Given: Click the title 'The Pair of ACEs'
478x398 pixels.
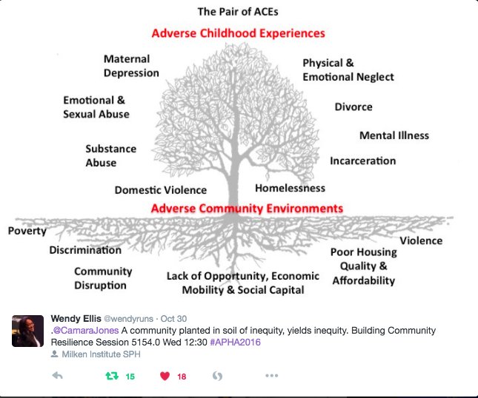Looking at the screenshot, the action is [238, 12].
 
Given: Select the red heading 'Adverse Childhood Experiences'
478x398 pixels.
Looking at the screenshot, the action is [238, 33].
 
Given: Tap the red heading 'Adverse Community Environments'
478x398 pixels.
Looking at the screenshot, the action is [247, 209].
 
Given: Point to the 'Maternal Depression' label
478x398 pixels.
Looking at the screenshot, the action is [131, 66].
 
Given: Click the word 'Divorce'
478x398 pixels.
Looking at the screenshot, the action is [353, 107].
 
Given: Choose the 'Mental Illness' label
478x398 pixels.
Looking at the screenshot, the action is [394, 135].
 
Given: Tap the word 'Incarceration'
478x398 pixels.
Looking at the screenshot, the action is [363, 161].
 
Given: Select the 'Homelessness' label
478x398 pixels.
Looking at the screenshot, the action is [290, 188].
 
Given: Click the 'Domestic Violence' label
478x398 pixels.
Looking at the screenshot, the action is [161, 190].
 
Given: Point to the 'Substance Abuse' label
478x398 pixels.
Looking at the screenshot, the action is [110, 155].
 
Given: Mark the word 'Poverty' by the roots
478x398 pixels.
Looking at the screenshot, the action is [27, 231].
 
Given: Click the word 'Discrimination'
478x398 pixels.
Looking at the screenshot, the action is [85, 250].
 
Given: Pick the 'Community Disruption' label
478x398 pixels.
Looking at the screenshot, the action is [103, 278].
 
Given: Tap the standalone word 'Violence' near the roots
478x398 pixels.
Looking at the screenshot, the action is [421, 240].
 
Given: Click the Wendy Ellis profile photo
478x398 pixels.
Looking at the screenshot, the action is [27, 331].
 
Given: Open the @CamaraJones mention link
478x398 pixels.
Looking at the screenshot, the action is [86, 331].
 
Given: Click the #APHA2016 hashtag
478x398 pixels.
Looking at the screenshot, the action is [236, 343].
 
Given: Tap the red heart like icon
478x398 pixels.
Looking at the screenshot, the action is [165, 377].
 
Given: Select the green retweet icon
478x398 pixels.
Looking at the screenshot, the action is [112, 376].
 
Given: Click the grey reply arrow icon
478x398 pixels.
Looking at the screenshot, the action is [57, 376].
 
